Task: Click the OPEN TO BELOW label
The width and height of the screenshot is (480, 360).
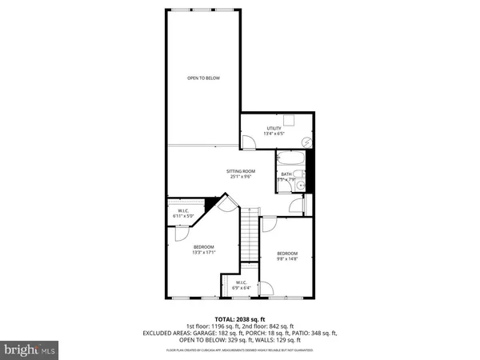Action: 203,78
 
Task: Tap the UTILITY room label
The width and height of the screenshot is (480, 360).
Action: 274,128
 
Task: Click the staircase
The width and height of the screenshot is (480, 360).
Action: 251,238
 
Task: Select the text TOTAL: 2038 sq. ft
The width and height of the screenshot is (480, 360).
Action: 239,318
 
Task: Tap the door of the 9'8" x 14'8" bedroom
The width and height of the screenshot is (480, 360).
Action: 270,226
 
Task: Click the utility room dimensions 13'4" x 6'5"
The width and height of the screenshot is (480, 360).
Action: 274,134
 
